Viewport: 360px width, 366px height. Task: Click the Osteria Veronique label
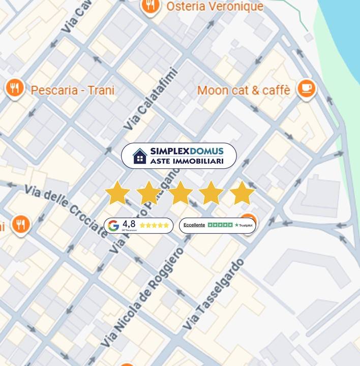click(215, 7)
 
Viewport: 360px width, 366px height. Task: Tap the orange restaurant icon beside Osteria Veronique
click(149, 6)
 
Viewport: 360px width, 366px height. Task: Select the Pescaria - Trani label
click(73, 90)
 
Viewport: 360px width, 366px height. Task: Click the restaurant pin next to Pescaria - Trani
click(15, 88)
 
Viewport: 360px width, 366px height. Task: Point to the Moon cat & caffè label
click(244, 90)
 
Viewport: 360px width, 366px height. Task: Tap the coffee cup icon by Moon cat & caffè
click(306, 88)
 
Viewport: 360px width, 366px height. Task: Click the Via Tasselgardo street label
click(213, 294)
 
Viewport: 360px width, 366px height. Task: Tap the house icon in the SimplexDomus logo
click(140, 156)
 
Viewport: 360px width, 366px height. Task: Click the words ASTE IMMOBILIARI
click(187, 161)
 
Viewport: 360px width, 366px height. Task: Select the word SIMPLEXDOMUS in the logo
click(187, 151)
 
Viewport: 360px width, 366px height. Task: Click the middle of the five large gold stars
click(180, 193)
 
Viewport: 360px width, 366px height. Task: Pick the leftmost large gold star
click(117, 193)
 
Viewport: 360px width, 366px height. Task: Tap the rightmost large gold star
click(242, 193)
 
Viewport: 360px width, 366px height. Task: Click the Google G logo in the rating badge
click(113, 225)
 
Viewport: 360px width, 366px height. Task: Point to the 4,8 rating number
click(129, 224)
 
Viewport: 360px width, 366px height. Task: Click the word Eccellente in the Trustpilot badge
click(194, 225)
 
